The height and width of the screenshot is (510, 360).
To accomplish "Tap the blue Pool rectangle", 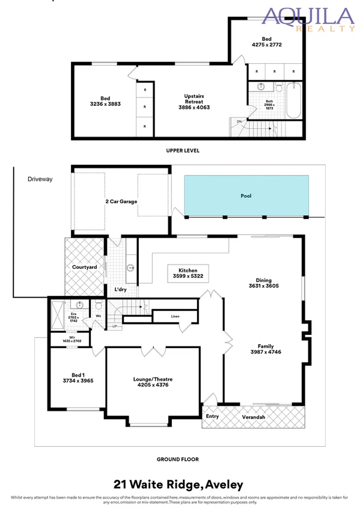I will pyautogui.click(x=246, y=195).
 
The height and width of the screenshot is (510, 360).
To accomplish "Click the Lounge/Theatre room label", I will pyautogui.click(x=153, y=382).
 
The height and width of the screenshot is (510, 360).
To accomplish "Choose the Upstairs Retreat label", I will pyautogui.click(x=194, y=101).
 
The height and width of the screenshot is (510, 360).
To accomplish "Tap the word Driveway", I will pyautogui.click(x=41, y=179).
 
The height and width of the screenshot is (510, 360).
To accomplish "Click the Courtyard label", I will pyautogui.click(x=85, y=267).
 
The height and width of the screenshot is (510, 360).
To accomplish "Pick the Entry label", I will pyautogui.click(x=213, y=416).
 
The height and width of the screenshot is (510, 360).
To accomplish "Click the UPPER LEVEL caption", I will pyautogui.click(x=182, y=150).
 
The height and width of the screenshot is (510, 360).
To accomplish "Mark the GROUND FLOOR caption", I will pyautogui.click(x=178, y=459).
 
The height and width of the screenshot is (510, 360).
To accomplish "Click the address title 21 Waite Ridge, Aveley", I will pyautogui.click(x=180, y=484).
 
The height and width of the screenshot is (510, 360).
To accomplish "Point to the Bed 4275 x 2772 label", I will pyautogui.click(x=266, y=41).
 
